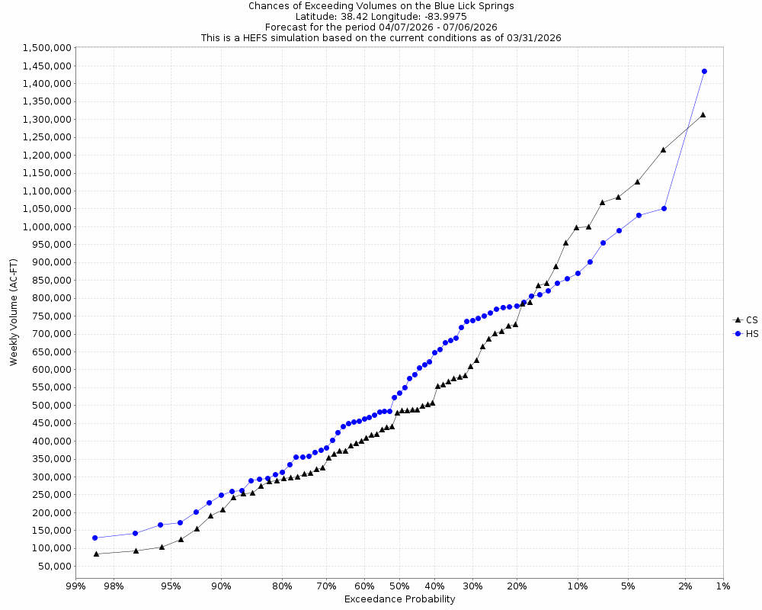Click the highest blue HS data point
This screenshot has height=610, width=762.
tap(704, 71)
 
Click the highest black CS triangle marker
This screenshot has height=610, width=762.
tap(703, 114)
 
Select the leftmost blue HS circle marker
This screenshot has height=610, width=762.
tap(95, 538)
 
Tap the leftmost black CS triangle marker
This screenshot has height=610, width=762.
tap(96, 554)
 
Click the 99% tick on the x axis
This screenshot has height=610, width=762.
tap(75, 586)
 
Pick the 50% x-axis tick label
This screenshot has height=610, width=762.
tap(396, 586)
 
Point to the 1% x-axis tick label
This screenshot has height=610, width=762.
tap(722, 586)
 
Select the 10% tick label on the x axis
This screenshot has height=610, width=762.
tap(578, 586)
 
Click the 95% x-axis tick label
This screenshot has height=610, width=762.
tap(171, 586)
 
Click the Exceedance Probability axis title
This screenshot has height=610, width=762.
tap(399, 599)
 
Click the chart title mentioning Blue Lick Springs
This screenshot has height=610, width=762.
tap(381, 5)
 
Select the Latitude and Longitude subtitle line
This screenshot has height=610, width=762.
tap(381, 16)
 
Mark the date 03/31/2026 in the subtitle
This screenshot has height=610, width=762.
tap(533, 37)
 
